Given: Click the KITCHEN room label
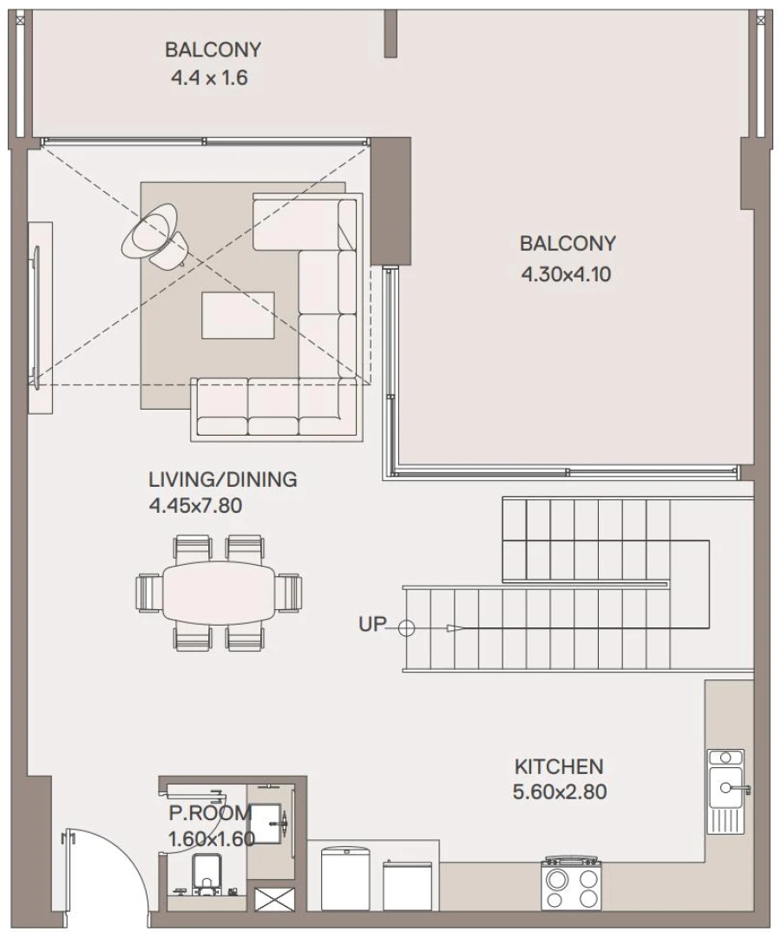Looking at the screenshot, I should tap(559, 766).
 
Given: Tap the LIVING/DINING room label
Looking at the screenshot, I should tap(222, 479).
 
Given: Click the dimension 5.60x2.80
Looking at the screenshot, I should tap(559, 792).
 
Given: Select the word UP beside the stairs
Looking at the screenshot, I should tap(371, 624).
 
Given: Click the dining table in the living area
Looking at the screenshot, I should tap(219, 592).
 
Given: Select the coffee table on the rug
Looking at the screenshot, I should tap(238, 314).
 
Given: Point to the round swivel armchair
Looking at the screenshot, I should tap(154, 233).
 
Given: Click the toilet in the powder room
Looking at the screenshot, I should tap(206, 872).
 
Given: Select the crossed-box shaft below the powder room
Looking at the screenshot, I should tap(272, 900).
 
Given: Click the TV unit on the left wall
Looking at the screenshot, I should tap(39, 318).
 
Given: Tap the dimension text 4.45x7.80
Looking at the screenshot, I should tap(195, 506).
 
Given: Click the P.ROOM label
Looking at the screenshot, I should tap(209, 813).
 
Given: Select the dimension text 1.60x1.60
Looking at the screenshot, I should tap(211, 839).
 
